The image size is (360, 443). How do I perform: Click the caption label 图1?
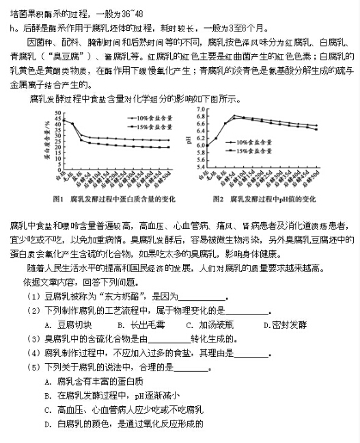tap(58, 199)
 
